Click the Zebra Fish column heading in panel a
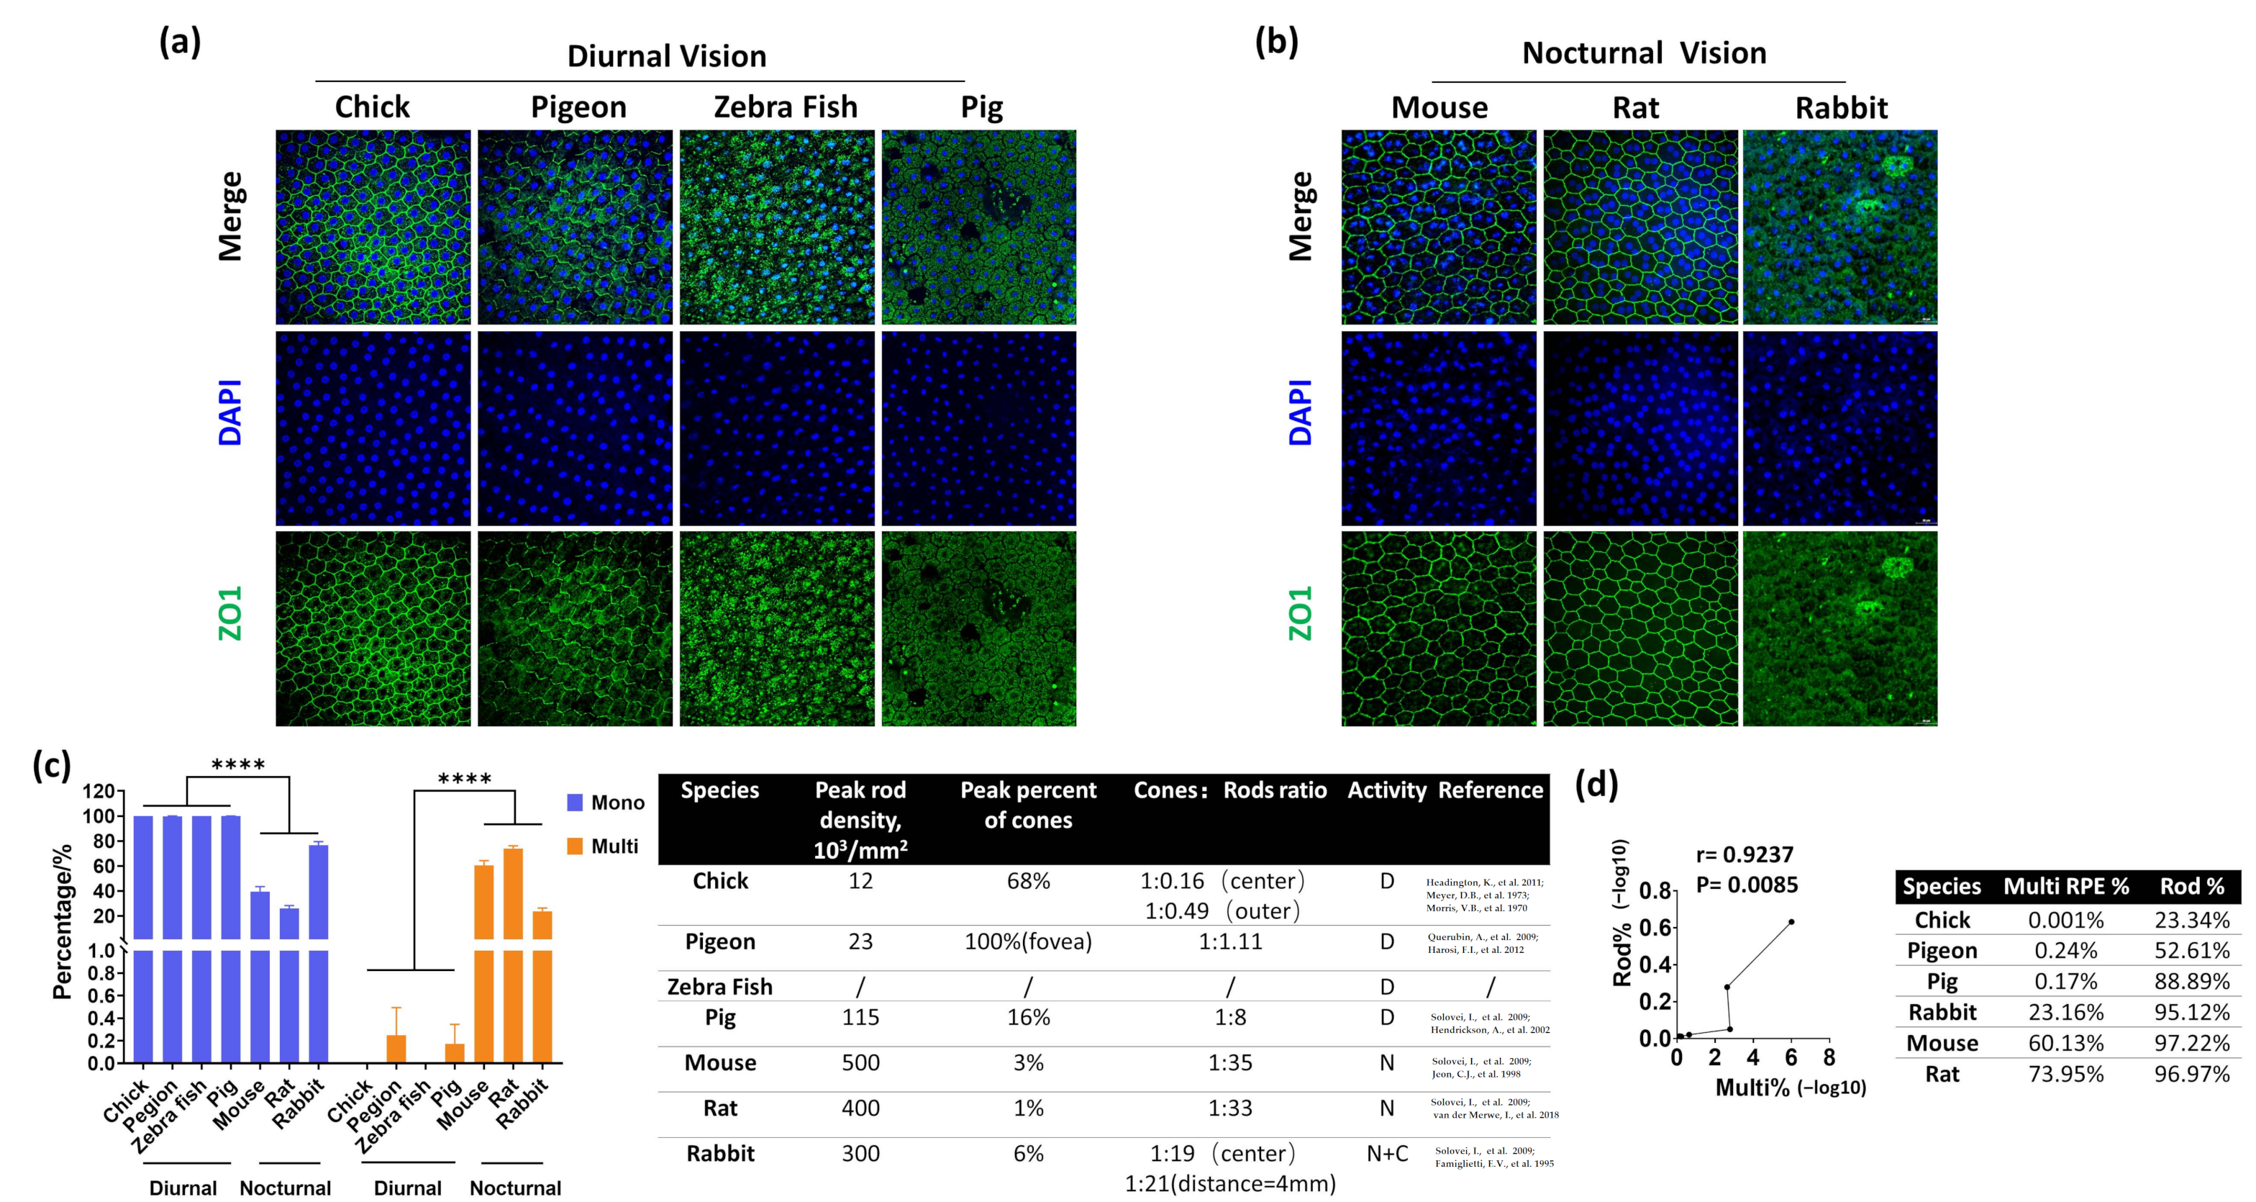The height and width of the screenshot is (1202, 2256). pos(785,107)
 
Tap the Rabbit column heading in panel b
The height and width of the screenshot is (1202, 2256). pos(1841,108)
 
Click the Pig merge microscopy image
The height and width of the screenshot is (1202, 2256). pos(978,227)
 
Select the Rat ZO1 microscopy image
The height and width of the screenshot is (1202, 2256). pos(1639,628)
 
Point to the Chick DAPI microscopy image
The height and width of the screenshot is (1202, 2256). pos(373,428)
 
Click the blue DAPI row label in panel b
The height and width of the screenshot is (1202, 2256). pos(1301,412)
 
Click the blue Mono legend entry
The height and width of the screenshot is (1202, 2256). pos(605,803)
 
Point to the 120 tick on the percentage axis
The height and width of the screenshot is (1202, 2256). pos(98,791)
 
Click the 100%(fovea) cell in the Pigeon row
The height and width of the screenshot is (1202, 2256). pos(1027,941)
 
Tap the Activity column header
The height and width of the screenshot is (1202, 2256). pos(1386,790)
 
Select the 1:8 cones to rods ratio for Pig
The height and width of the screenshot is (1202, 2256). pos(1229,1017)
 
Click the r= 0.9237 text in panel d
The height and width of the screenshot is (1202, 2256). pos(1745,854)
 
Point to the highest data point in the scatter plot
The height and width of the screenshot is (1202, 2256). pos(1791,921)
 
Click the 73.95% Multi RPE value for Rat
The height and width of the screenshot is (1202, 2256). pos(2065,1074)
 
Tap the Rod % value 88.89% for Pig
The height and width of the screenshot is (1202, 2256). pos(2191,981)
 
